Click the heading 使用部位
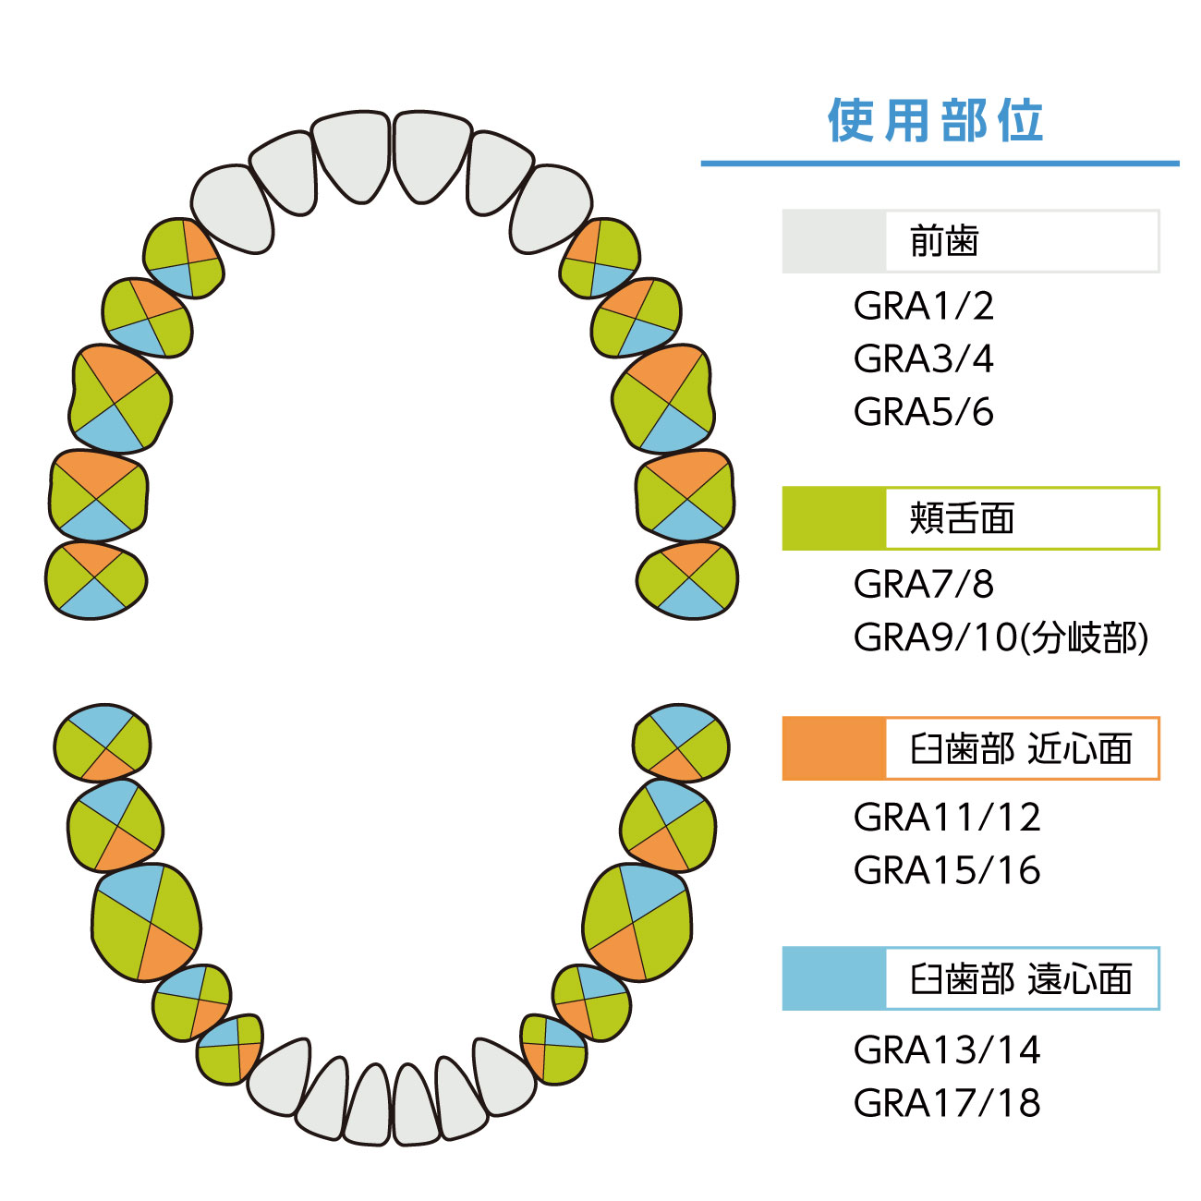[x=935, y=121]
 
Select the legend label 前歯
[x=943, y=242]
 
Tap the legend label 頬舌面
[x=962, y=519]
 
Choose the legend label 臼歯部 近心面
[x=1021, y=749]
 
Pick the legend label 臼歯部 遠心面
[x=1021, y=979]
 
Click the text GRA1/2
[x=923, y=307]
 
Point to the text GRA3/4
[x=923, y=359]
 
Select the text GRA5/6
[x=923, y=412]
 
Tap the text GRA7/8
[x=923, y=584]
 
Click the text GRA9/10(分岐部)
[x=1001, y=637]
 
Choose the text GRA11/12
[x=947, y=817]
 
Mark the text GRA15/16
[x=947, y=870]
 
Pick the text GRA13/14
[x=947, y=1049]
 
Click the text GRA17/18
[x=947, y=1102]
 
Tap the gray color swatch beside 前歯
[x=833, y=242]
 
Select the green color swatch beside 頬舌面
[x=833, y=519]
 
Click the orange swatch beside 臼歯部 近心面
[x=833, y=749]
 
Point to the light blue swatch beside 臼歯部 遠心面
[x=833, y=979]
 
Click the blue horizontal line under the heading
[x=940, y=164]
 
